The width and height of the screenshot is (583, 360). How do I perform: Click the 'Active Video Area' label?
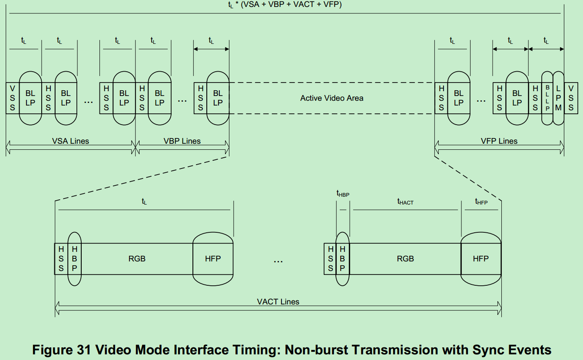coord(331,98)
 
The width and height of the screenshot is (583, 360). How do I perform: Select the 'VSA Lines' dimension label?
coord(70,141)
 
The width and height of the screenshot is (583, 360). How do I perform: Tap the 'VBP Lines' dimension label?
coord(182,141)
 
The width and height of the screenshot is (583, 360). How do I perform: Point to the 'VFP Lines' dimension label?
coord(499,141)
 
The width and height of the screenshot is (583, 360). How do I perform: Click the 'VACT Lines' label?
coord(278,302)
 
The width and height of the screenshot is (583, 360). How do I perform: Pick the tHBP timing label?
coord(343,194)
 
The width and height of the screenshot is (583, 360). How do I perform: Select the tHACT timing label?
coord(405,202)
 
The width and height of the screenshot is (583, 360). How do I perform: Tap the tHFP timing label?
coord(481,202)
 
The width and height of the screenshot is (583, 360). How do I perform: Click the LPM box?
coord(558,98)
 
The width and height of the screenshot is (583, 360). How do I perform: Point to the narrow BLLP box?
coord(547,98)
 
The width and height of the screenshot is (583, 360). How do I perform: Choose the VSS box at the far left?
coord(12,98)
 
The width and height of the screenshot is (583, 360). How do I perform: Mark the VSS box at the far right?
coord(571,98)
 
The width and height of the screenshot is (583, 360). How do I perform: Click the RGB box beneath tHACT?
coord(405,259)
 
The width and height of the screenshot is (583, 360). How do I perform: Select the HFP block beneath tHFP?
coord(481,259)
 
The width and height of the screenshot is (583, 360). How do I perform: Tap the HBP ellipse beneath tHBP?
coord(342,259)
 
